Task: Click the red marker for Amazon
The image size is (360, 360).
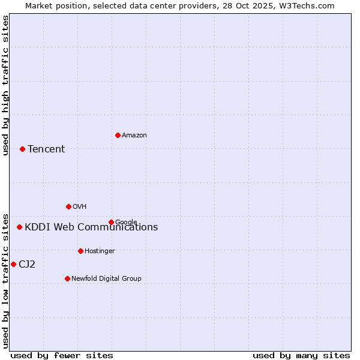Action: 118,135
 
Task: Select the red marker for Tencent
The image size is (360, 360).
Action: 22,149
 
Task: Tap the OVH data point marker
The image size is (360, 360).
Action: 68,206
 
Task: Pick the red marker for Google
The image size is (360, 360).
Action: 111,222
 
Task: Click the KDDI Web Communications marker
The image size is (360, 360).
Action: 19,227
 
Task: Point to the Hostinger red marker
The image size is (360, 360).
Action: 80,251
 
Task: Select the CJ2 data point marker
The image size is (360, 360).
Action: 13,264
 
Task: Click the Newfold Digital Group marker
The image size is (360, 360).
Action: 67,278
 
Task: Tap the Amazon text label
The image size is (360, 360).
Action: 134,136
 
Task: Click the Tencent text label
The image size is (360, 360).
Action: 46,149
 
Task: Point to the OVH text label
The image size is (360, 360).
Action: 80,207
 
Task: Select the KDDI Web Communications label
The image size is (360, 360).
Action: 91,227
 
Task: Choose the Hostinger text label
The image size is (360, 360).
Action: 100,251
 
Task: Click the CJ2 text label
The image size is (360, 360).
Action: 27,265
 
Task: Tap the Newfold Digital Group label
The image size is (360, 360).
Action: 106,279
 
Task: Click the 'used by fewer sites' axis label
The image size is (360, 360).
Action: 62,356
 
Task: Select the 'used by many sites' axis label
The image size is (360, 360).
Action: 301,356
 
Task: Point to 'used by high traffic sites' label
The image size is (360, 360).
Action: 5,85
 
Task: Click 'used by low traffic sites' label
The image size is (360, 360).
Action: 5,280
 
